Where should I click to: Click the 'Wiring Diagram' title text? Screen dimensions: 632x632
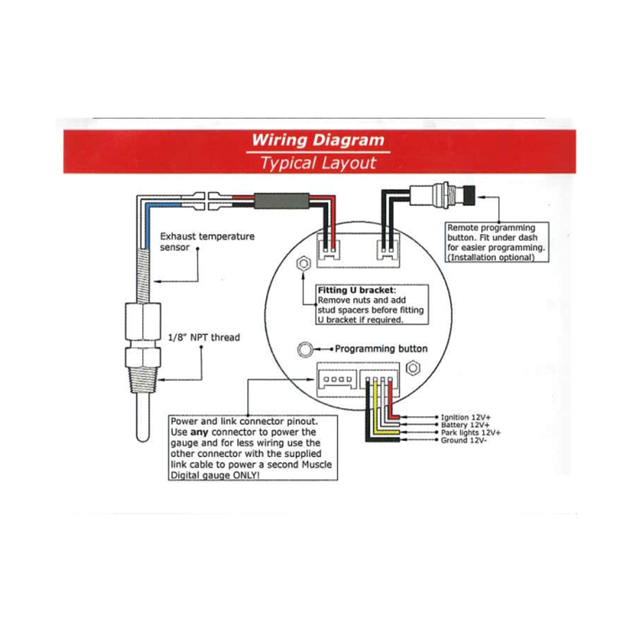pyautogui.click(x=318, y=140)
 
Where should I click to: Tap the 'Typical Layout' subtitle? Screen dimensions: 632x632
pyautogui.click(x=318, y=163)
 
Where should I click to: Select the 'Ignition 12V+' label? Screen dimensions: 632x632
pyautogui.click(x=466, y=417)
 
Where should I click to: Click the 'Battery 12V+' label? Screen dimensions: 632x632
pyautogui.click(x=465, y=425)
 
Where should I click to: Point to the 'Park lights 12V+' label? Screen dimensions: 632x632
pyautogui.click(x=470, y=433)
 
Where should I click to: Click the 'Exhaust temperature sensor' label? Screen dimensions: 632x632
pyautogui.click(x=207, y=241)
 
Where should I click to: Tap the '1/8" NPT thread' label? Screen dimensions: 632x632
pyautogui.click(x=204, y=337)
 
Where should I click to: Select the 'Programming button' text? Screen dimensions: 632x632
pyautogui.click(x=381, y=349)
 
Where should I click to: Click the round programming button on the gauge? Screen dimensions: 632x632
pyautogui.click(x=305, y=349)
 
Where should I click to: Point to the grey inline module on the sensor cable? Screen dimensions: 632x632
pyautogui.click(x=281, y=201)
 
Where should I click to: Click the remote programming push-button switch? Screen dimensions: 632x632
pyautogui.click(x=442, y=194)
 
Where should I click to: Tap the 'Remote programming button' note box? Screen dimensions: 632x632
pyautogui.click(x=497, y=242)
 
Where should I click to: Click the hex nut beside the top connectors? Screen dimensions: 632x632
pyautogui.click(x=303, y=263)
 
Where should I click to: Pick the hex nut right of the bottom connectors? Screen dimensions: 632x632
pyautogui.click(x=413, y=368)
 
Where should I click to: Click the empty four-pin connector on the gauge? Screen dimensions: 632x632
pyautogui.click(x=337, y=380)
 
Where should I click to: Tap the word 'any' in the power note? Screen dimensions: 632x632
pyautogui.click(x=199, y=432)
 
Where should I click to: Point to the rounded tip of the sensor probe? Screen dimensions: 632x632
pyautogui.click(x=143, y=436)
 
